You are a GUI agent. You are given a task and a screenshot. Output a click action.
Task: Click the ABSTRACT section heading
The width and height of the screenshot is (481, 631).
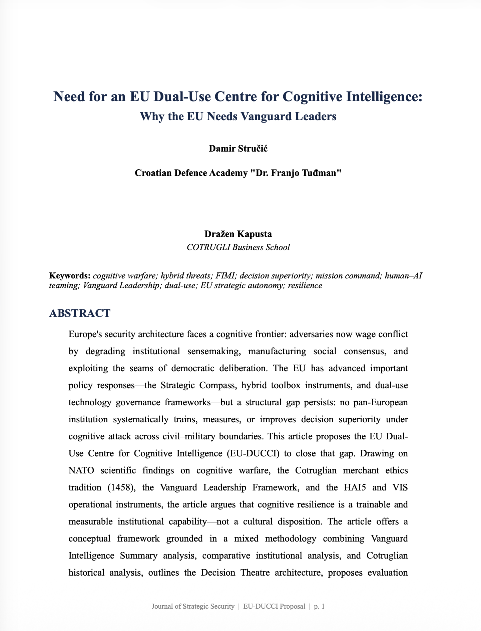click(79, 313)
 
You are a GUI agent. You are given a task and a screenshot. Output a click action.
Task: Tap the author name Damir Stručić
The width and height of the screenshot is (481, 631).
click(238, 148)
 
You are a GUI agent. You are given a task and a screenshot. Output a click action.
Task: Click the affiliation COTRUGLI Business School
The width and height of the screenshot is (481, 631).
click(238, 247)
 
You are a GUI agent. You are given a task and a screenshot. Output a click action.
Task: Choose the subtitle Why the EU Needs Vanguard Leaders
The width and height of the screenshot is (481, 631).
click(238, 117)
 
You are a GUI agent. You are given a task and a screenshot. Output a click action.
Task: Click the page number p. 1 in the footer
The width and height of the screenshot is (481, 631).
click(319, 606)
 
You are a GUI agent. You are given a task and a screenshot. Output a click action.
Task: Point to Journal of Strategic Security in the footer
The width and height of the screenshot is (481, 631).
click(193, 606)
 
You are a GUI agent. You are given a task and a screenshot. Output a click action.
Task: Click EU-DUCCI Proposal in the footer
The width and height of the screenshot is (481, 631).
click(274, 606)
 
